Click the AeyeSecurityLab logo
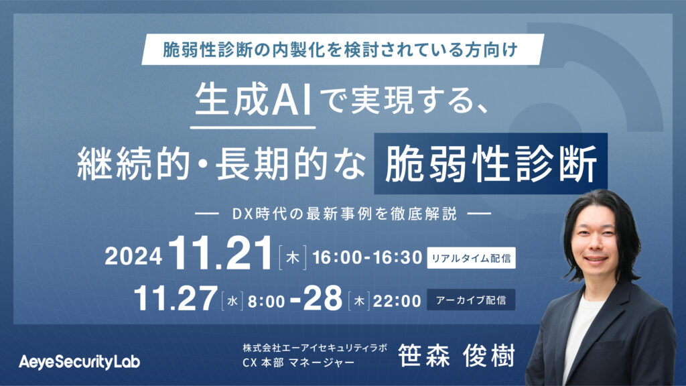[79, 362]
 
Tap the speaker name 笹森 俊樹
[456, 355]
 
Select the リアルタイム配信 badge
[471, 258]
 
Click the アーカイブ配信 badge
[471, 300]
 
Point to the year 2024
[133, 257]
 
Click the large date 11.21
[221, 253]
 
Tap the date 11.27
[176, 298]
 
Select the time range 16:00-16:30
[367, 257]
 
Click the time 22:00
[397, 301]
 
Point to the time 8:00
[267, 301]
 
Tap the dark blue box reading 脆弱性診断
[490, 164]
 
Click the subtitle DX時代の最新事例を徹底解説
[344, 214]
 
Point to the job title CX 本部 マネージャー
[298, 363]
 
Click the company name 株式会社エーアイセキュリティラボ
[315, 348]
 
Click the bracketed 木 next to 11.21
[292, 258]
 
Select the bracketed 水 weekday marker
[232, 301]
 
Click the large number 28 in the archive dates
[322, 298]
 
